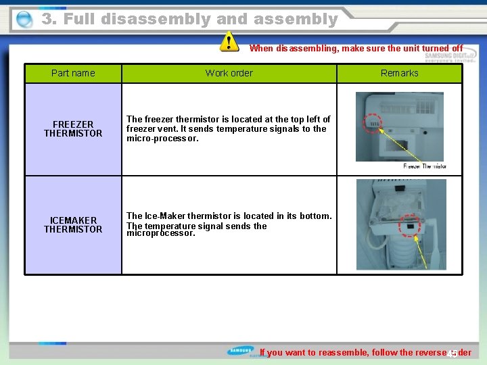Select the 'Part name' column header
point(73,73)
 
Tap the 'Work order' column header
point(229,73)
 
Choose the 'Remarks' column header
point(399,73)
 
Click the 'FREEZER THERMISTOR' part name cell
point(73,128)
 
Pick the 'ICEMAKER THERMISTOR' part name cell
point(73,224)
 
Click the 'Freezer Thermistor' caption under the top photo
point(425,166)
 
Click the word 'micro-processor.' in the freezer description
point(162,139)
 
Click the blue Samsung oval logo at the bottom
point(241,351)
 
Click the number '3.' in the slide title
point(49,20)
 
